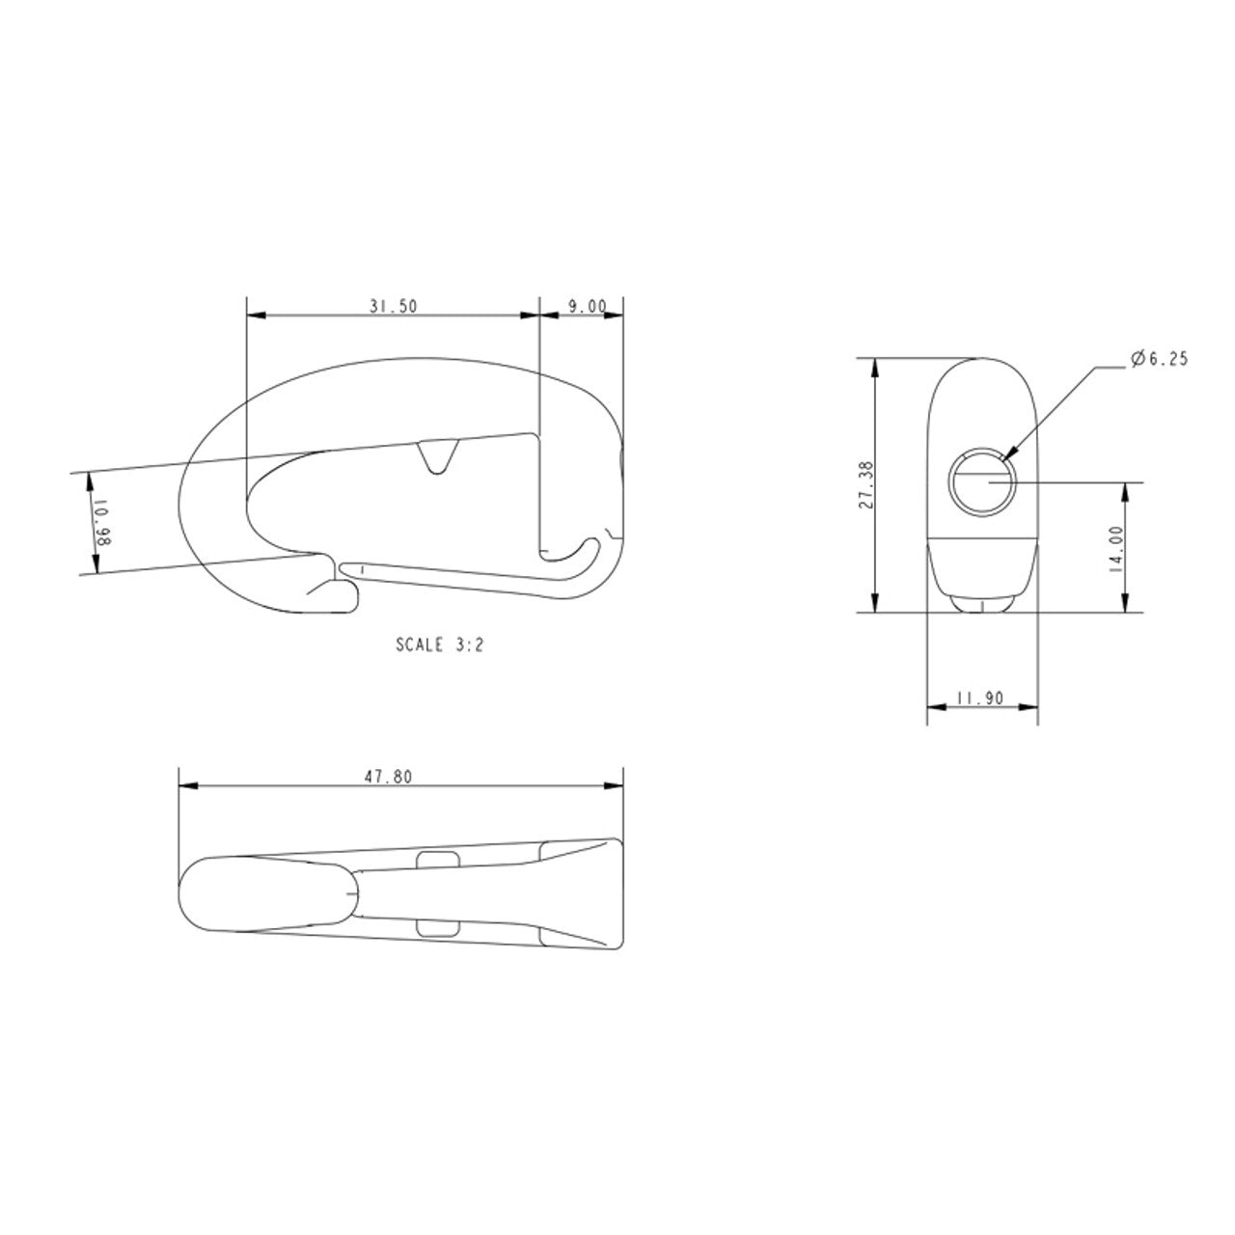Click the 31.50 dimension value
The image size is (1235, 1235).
coord(393,307)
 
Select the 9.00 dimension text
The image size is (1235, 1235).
coord(587,307)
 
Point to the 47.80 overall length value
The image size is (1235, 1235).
coord(389,778)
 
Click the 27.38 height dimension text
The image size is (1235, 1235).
coord(866,484)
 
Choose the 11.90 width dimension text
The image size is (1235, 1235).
coord(980,698)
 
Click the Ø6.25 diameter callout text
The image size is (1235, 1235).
coord(1159,359)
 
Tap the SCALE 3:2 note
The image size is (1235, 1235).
coord(440,645)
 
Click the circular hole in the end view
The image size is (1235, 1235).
coord(982,481)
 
